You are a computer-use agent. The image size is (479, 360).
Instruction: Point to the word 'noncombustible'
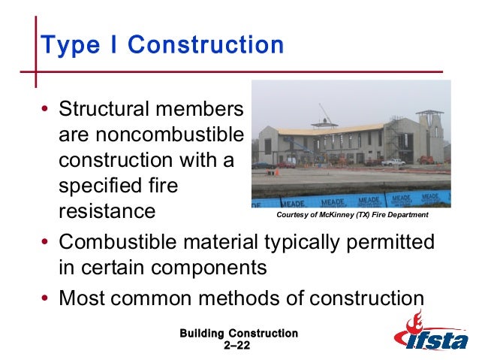pyautogui.click(x=151, y=136)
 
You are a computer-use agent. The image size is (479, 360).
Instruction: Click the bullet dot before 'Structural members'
pyautogui.click(x=47, y=111)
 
